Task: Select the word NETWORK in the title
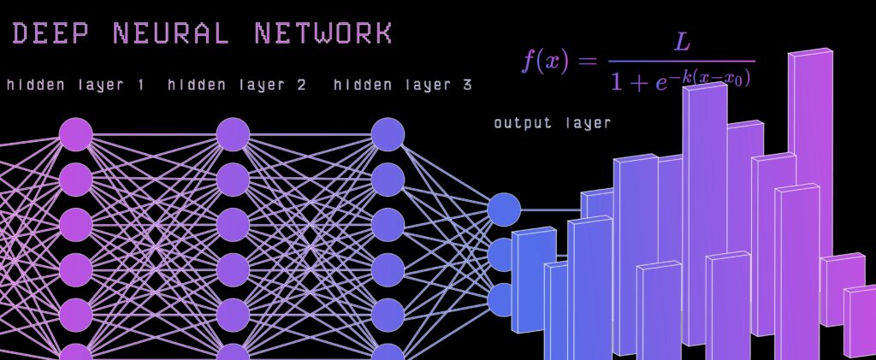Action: coord(323,33)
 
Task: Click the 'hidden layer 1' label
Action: coord(75,86)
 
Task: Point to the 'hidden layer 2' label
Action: coord(237,86)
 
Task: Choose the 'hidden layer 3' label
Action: coord(402,86)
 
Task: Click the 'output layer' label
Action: coord(552,123)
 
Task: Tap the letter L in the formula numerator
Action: coord(682,41)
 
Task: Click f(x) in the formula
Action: coord(545,62)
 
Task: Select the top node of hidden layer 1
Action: coord(75,135)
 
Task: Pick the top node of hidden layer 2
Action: coord(233,135)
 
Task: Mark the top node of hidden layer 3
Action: coord(388,135)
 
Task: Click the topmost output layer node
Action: coord(504,209)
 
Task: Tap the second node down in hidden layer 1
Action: coord(75,180)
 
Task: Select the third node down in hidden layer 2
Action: coord(233,225)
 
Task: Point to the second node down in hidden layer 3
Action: coord(388,180)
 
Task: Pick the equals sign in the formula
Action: coord(587,62)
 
